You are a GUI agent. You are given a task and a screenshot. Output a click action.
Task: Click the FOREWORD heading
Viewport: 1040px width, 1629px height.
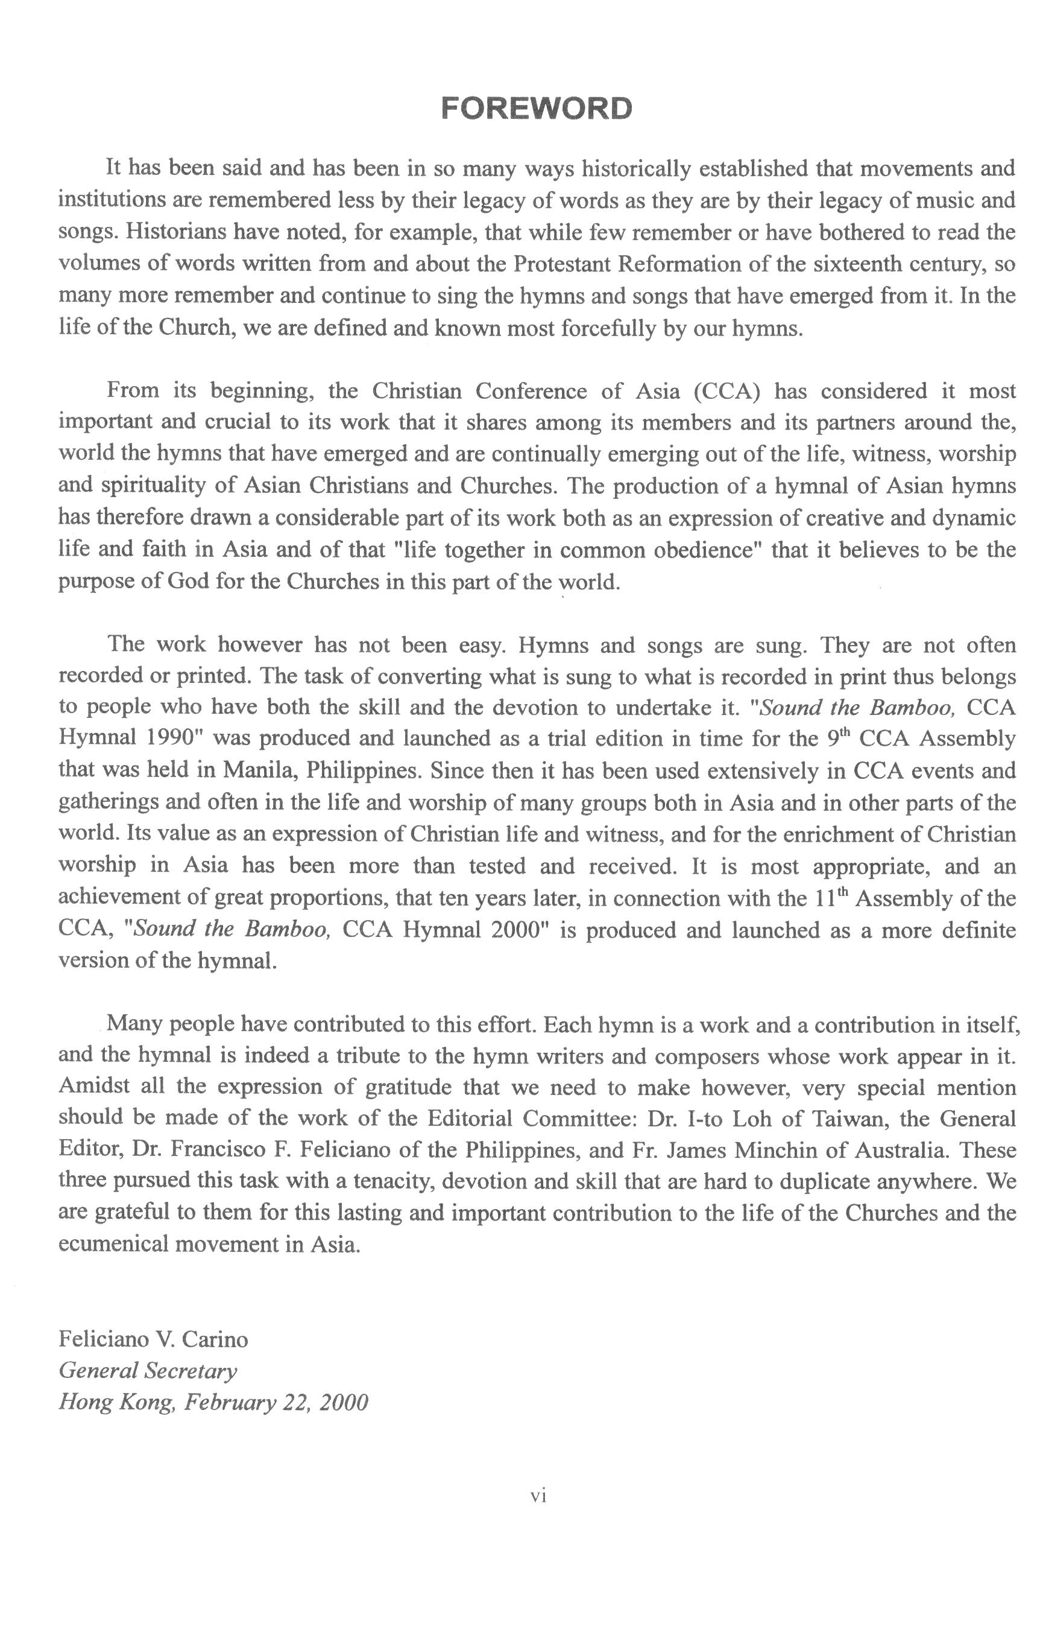tap(536, 108)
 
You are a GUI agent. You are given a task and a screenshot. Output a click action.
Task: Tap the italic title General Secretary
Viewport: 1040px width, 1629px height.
tap(148, 1371)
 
